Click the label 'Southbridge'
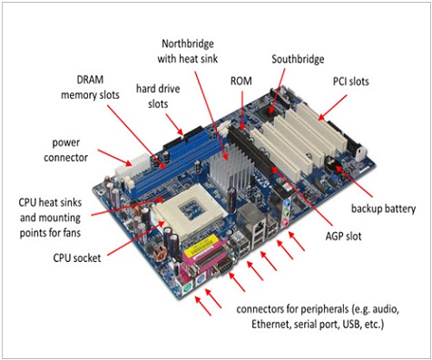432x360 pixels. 298,59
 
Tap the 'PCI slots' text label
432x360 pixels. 351,82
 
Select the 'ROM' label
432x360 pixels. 241,81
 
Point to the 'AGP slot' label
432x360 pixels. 343,236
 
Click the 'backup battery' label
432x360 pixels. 383,209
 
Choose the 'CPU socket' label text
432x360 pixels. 77,258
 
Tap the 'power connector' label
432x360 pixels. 65,150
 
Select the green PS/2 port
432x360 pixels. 188,288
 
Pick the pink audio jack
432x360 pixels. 285,223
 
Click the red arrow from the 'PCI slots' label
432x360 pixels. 332,108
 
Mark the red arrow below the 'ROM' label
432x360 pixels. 242,111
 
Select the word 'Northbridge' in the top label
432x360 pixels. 188,44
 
